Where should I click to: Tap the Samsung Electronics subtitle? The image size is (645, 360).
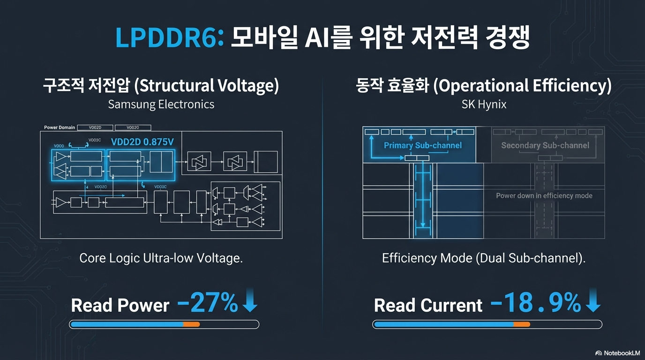coord(161,104)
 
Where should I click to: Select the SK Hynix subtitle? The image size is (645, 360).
coord(484,104)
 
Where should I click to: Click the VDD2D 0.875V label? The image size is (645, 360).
coord(142,142)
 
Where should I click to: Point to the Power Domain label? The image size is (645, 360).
coord(60,127)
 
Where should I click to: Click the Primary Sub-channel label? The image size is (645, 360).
coord(422,145)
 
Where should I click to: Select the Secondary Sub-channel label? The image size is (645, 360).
coord(545,145)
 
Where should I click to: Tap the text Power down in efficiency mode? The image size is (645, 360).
coord(544,195)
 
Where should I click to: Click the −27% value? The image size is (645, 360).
coord(208,304)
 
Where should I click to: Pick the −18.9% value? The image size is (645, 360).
coord(535,304)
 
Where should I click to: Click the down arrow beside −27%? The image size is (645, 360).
coord(250,301)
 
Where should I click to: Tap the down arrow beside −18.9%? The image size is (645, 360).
coord(593,301)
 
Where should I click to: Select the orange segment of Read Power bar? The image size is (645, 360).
coord(191,324)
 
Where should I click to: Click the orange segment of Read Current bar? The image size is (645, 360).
coord(522,324)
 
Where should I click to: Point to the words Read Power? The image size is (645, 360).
coord(120,306)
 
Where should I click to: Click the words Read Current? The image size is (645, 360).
coord(428,306)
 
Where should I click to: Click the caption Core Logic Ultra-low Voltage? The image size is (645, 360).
coord(161,258)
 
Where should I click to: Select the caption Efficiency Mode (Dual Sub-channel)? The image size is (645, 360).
coord(484,258)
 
